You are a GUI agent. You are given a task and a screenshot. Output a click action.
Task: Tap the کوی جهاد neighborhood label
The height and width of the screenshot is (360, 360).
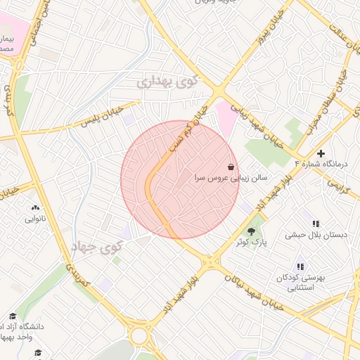pyautogui.click(x=96, y=246)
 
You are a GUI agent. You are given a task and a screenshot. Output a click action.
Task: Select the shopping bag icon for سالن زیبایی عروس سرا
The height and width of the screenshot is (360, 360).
pyautogui.click(x=231, y=167)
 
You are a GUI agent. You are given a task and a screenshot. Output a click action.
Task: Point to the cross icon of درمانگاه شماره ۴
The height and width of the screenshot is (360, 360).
pyautogui.click(x=321, y=153)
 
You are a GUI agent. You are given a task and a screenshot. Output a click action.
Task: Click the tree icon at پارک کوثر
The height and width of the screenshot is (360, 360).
pyautogui.click(x=251, y=231)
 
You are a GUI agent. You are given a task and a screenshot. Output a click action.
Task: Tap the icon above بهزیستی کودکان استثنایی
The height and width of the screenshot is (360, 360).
pyautogui.click(x=300, y=266)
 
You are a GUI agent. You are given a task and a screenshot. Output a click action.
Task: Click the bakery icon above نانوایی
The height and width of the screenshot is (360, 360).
pyautogui.click(x=35, y=207)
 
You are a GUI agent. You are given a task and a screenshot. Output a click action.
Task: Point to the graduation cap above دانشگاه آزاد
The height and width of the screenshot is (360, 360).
pyautogui.click(x=12, y=316)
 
